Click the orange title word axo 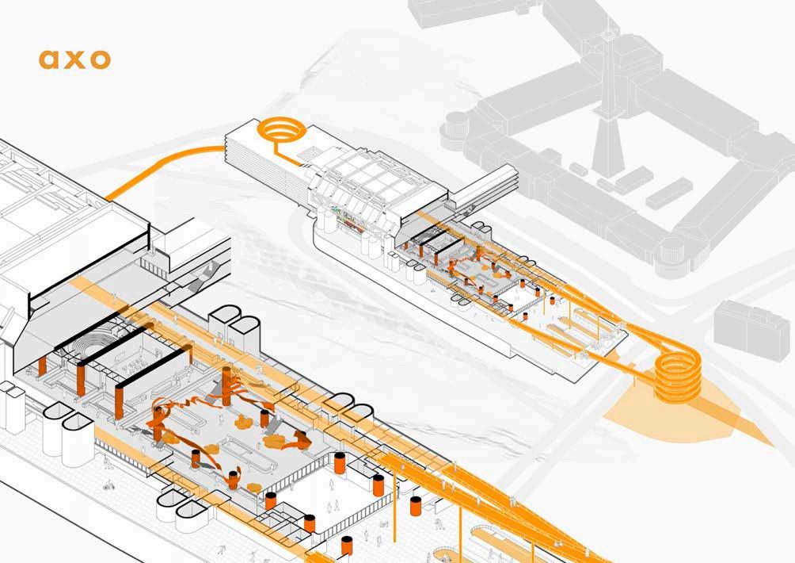[74, 59]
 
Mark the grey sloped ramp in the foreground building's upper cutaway [202, 273]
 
